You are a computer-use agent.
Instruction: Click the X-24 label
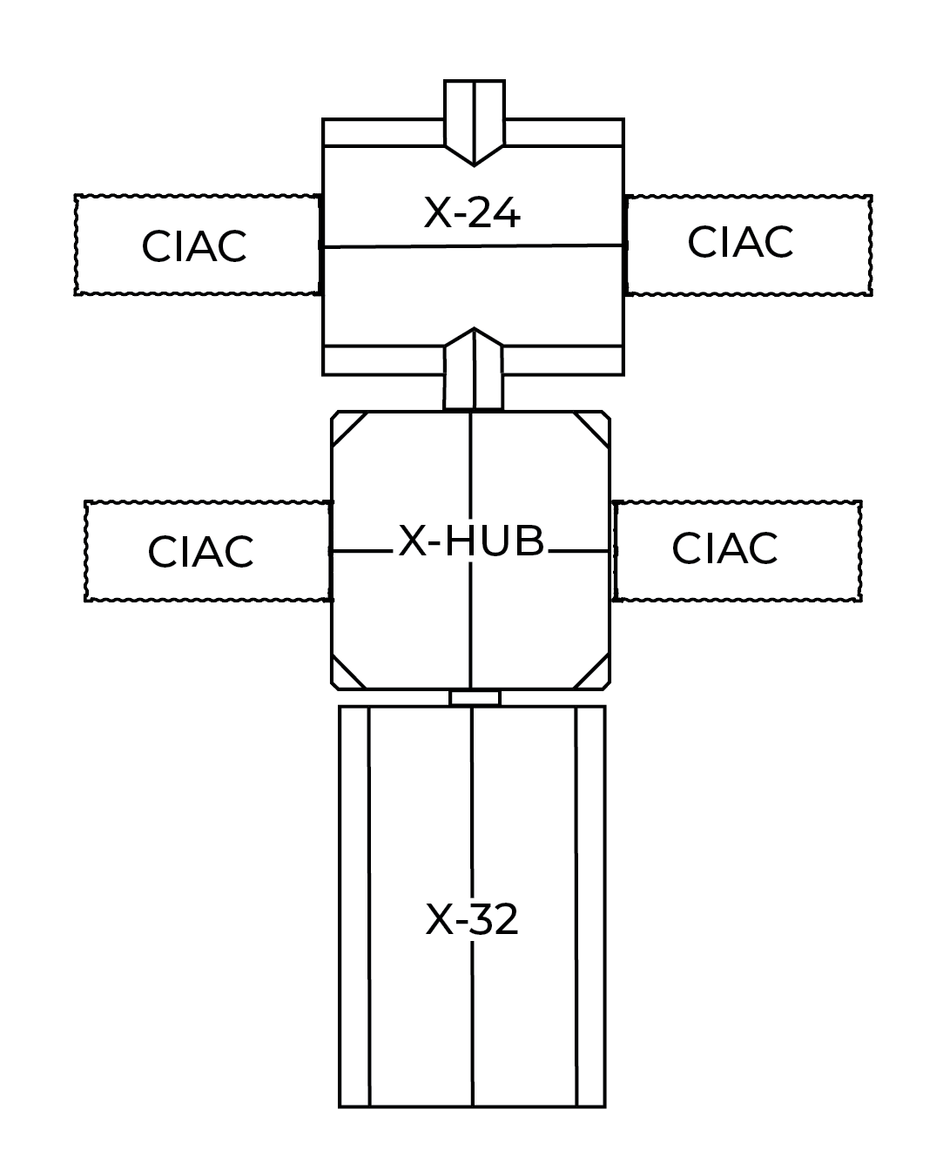(x=472, y=212)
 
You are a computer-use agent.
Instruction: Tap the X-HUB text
(x=472, y=542)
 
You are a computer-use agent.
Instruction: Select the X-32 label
(x=472, y=919)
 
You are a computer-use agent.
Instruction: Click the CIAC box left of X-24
(x=195, y=245)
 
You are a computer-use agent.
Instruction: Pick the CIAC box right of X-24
(x=740, y=242)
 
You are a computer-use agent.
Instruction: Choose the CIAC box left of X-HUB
(x=201, y=550)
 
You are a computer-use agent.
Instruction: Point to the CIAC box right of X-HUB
(x=724, y=548)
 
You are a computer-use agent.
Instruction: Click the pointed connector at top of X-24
(x=474, y=122)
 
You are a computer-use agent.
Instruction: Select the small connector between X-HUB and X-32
(x=475, y=698)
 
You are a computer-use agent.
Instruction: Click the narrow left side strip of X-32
(x=355, y=905)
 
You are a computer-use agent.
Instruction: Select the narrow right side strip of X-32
(x=590, y=905)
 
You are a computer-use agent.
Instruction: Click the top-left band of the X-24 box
(x=383, y=134)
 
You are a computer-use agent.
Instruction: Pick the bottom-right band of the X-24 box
(x=562, y=359)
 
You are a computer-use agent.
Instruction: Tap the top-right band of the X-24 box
(x=562, y=134)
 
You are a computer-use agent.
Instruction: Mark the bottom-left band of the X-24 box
(x=383, y=359)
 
